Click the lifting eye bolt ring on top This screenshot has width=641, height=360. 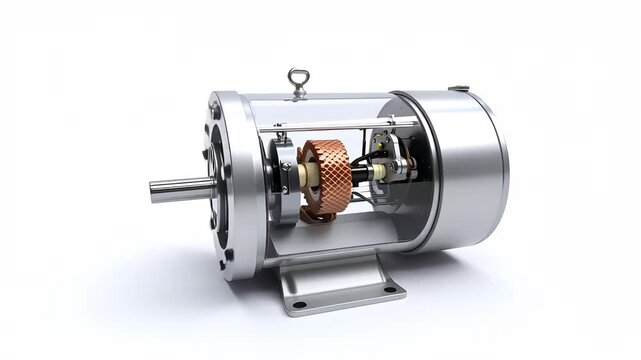tap(295, 76)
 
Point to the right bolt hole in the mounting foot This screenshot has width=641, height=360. tap(390, 291)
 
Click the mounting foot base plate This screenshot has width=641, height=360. tap(345, 290)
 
